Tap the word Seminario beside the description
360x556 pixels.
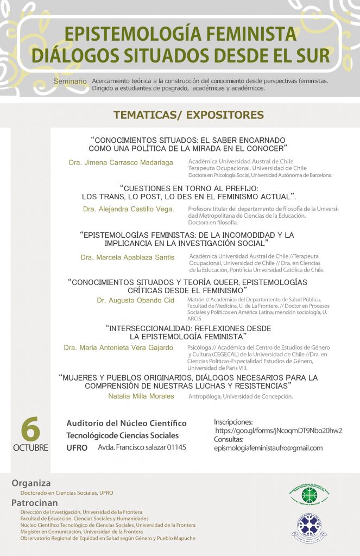[70, 81]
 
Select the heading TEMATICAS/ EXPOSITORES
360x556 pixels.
[188, 115]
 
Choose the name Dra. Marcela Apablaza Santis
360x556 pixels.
[127, 257]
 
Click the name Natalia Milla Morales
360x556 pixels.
[141, 396]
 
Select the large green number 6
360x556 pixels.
[30, 431]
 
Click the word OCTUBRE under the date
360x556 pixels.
[30, 448]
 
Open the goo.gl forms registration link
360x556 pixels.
[279, 431]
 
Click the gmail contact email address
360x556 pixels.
[268, 448]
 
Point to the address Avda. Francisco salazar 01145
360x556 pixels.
[142, 447]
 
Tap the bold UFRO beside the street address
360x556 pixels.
[76, 447]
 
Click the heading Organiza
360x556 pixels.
[31, 483]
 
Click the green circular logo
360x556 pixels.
[308, 495]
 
